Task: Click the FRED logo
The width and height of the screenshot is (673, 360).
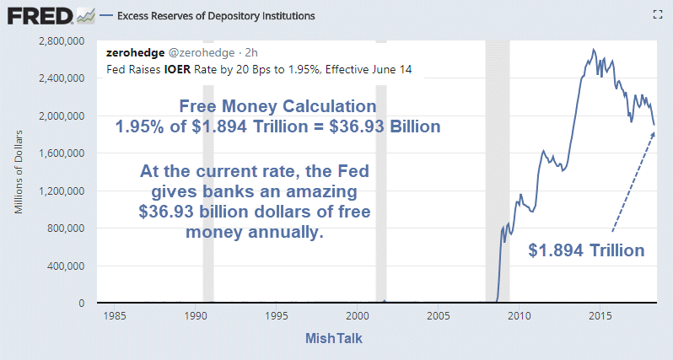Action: point(40,14)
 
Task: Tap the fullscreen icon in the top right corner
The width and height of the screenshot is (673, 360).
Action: point(658,14)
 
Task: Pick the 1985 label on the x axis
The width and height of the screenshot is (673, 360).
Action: point(115,316)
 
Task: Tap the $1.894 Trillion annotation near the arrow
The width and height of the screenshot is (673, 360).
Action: point(587,250)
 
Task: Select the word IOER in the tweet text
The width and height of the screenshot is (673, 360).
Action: point(180,68)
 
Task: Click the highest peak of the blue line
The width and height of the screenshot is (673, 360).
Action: point(593,50)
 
